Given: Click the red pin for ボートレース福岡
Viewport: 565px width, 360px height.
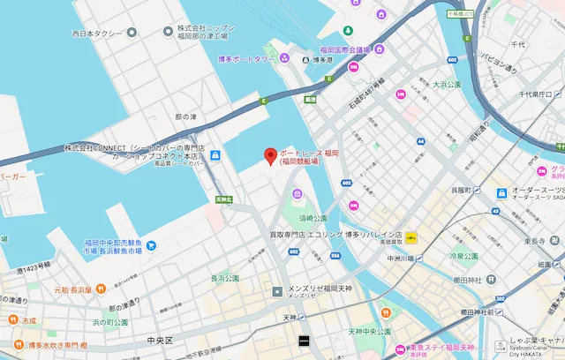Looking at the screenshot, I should click(x=270, y=156).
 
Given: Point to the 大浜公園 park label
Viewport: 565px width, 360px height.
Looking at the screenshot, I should click(x=448, y=85).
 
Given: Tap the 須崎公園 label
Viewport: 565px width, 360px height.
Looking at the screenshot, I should click(x=313, y=217).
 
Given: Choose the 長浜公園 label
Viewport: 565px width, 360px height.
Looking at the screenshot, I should click(x=225, y=278).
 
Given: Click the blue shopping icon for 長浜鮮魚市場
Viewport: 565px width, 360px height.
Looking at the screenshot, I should click(x=151, y=244).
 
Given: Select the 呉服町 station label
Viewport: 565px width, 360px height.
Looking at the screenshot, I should click(x=463, y=189).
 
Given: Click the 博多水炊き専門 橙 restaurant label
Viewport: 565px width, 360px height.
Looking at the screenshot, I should click(x=57, y=344).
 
